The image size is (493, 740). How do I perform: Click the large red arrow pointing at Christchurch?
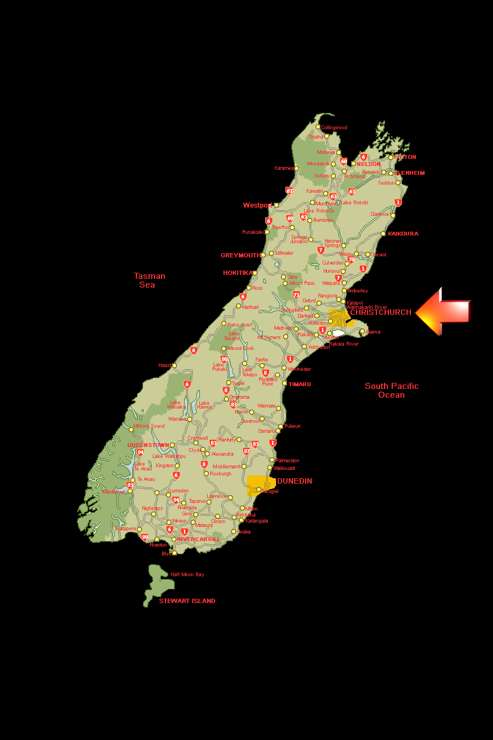pos(444,311)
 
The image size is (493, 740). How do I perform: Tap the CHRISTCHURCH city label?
pos(381,312)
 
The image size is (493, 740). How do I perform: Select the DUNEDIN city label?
pos(295,481)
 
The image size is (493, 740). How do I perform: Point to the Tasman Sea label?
pos(149,280)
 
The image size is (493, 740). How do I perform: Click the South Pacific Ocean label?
pos(392,391)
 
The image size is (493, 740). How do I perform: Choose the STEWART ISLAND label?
pos(187,601)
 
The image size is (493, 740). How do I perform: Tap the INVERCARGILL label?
pos(198,540)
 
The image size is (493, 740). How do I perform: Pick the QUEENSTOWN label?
pos(148,445)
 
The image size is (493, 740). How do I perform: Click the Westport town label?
pos(257,205)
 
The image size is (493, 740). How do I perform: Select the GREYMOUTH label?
pos(240,255)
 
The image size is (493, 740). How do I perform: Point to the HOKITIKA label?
pos(238,273)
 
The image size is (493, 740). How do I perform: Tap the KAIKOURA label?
pos(403,234)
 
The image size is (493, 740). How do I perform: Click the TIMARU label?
pos(300,385)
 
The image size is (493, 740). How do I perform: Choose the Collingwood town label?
pos(334,128)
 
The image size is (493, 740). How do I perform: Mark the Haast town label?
pos(164,365)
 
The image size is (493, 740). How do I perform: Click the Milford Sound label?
pos(149,426)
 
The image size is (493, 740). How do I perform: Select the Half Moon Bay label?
pos(187,575)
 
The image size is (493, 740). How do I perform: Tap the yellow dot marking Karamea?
pos(297,168)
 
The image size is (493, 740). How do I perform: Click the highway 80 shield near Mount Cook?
pos(224,359)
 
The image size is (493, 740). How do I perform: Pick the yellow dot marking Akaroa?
pos(362,331)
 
